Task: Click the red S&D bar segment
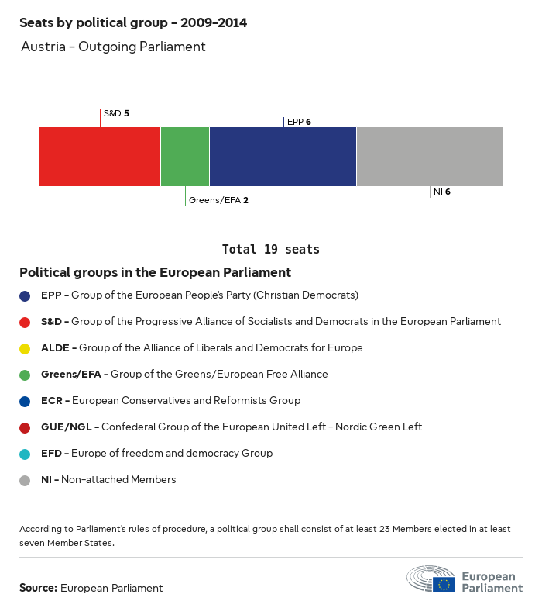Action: pyautogui.click(x=99, y=157)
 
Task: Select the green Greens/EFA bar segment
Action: pyautogui.click(x=185, y=157)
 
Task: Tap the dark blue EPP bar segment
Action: pyautogui.click(x=283, y=157)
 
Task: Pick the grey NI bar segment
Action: pyautogui.click(x=430, y=157)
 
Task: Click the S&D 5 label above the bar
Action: pyautogui.click(x=116, y=113)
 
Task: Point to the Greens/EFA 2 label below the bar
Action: pyautogui.click(x=218, y=200)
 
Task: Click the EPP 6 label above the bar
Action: pyautogui.click(x=299, y=122)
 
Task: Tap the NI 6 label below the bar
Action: pyautogui.click(x=442, y=192)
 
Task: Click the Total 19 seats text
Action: pyautogui.click(x=270, y=250)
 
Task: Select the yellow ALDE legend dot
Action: pyautogui.click(x=25, y=348)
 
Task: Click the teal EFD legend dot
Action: pyautogui.click(x=25, y=454)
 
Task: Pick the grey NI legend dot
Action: pyautogui.click(x=25, y=480)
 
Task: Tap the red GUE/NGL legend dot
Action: pyautogui.click(x=25, y=427)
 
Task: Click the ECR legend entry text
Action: pyautogui.click(x=170, y=401)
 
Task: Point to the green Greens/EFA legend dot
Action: pyautogui.click(x=25, y=375)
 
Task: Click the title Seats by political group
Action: pyautogui.click(x=133, y=22)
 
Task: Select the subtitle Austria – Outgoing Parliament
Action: pyautogui.click(x=113, y=47)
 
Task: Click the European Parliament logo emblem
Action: pyautogui.click(x=431, y=580)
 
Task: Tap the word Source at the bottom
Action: pyautogui.click(x=38, y=588)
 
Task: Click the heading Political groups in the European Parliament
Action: pyautogui.click(x=155, y=272)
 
